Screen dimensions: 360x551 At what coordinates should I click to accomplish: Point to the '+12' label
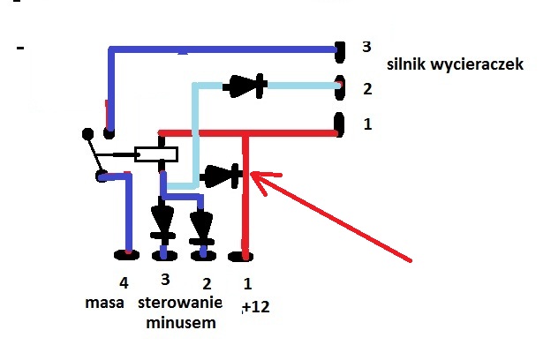click(x=255, y=307)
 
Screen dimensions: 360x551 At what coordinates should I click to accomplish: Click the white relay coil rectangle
click(x=155, y=154)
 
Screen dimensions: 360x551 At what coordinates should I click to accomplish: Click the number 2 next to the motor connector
click(x=367, y=88)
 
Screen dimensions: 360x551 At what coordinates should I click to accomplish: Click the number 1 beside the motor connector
click(x=367, y=124)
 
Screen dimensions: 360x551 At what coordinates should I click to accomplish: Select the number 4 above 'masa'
click(x=123, y=284)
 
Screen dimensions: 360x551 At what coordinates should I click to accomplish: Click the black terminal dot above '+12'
click(x=239, y=257)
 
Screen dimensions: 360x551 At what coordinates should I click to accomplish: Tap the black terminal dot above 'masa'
click(x=127, y=254)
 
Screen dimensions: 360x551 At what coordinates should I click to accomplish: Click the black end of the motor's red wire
click(x=340, y=126)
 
